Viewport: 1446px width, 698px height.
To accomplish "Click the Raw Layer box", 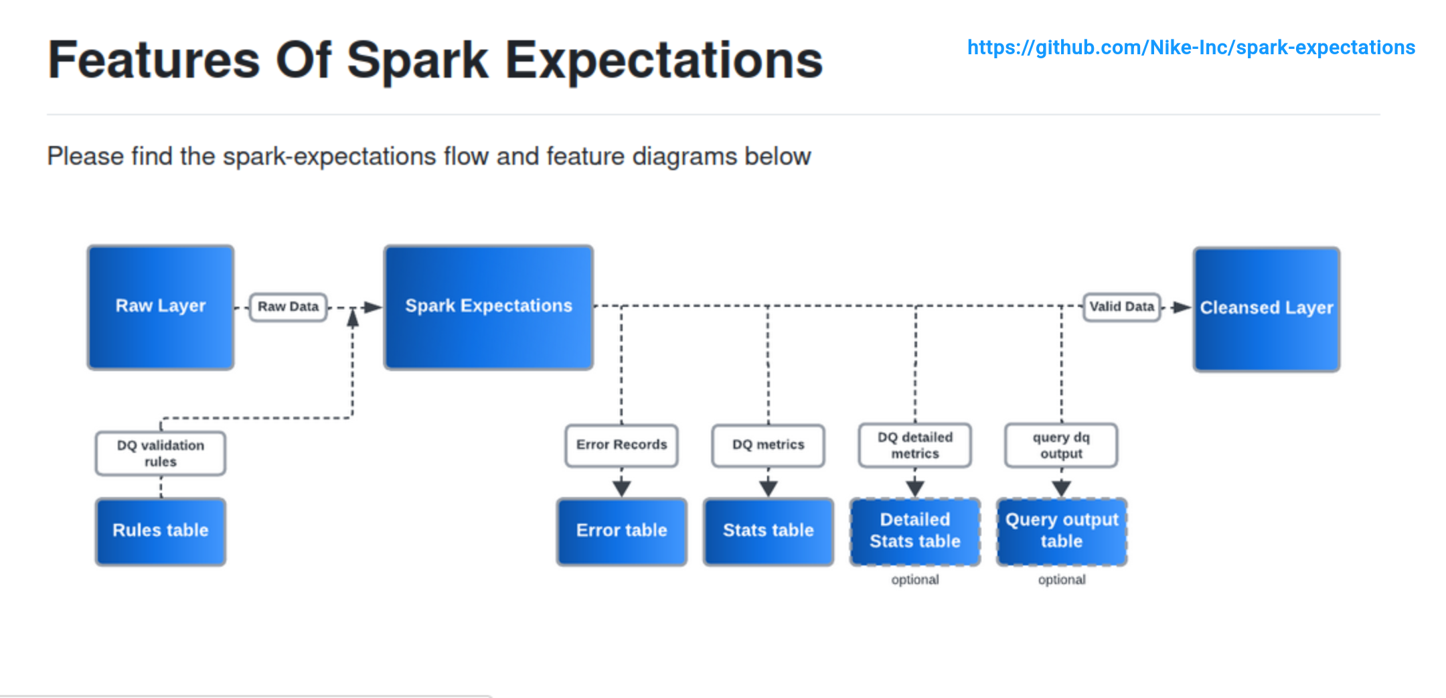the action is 161,307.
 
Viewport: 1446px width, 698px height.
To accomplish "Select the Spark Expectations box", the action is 488,307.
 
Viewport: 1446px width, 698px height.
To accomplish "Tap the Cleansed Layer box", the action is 1266,309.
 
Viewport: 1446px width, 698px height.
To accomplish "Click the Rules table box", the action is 161,531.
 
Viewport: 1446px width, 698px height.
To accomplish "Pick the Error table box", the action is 622,531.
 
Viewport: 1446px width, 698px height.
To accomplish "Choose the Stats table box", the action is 769,531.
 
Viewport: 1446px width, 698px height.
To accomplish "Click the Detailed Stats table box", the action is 915,531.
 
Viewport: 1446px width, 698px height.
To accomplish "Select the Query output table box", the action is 1062,531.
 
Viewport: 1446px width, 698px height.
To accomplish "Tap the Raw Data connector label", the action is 289,307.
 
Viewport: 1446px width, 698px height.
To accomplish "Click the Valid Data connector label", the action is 1122,307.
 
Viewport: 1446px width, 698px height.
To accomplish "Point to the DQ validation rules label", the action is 161,453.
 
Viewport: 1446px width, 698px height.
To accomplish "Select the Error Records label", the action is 622,445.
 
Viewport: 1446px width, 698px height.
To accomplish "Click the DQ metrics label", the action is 769,445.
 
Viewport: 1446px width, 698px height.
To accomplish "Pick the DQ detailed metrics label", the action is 915,445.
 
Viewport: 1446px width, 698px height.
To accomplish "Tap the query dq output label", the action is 1061,445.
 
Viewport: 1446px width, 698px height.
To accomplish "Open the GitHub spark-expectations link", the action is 1191,48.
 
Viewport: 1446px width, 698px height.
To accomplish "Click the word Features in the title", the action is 153,60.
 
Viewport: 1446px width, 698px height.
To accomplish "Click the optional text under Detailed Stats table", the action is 915,579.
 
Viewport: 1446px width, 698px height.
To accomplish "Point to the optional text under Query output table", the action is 1062,579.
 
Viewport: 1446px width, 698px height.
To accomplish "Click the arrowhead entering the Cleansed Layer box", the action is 1182,307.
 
